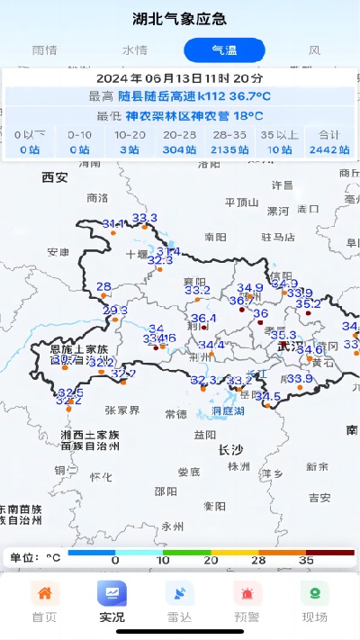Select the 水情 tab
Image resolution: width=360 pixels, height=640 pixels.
[135, 50]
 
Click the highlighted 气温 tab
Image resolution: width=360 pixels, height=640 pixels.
[224, 50]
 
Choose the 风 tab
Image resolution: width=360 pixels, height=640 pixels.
[314, 50]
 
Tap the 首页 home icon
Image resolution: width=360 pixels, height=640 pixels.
[44, 595]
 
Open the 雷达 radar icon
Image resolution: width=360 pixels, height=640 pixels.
[180, 595]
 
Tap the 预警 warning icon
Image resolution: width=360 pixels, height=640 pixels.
[247, 595]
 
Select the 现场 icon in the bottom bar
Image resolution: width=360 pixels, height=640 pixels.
[315, 595]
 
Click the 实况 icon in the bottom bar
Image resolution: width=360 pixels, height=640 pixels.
[112, 595]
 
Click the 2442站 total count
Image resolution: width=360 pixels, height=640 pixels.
[328, 149]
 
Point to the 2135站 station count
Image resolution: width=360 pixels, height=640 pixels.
[229, 149]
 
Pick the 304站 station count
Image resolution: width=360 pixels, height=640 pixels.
[180, 149]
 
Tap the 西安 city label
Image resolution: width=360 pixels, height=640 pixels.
[55, 177]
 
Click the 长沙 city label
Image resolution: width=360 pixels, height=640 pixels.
[231, 449]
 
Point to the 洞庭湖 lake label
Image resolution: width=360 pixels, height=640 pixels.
[228, 411]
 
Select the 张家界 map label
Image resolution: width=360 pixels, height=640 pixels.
[122, 410]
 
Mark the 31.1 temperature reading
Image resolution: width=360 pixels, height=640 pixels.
[114, 223]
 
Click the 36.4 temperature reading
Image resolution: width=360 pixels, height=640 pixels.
[203, 319]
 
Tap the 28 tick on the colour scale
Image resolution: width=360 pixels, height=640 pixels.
[258, 560]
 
